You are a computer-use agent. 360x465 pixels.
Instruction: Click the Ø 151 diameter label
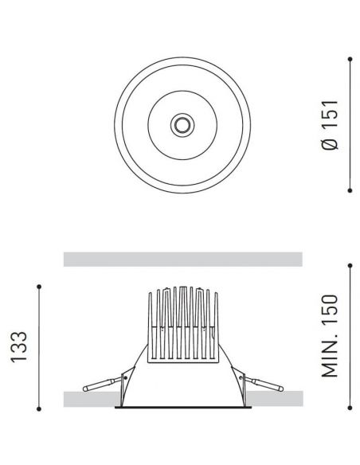click(x=331, y=124)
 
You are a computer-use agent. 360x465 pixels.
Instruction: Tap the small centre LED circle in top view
click(x=182, y=123)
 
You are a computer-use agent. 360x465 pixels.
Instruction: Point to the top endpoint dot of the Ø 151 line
click(x=350, y=57)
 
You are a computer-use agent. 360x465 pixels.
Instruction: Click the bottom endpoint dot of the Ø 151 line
click(x=350, y=190)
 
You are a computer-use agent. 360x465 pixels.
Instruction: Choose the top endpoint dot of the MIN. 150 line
click(x=350, y=265)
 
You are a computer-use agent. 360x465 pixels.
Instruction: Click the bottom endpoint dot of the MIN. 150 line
click(x=350, y=409)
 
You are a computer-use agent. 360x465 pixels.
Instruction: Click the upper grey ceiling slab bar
click(x=182, y=259)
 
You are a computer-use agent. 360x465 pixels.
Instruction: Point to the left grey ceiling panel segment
click(x=88, y=398)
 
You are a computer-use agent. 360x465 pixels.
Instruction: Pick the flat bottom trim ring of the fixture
click(x=182, y=408)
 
